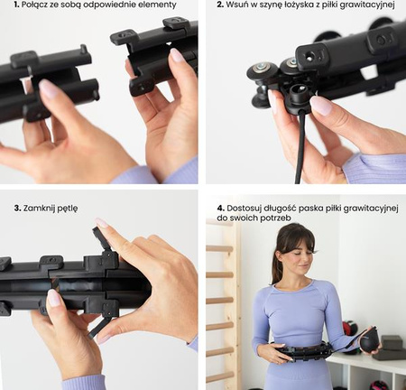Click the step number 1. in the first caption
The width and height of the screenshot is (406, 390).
(16, 5)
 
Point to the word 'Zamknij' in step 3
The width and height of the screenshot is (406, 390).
(37, 209)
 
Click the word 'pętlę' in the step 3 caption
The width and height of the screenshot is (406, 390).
(66, 209)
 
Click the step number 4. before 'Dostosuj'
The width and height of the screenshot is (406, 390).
(221, 209)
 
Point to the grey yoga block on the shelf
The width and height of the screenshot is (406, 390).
(391, 343)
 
